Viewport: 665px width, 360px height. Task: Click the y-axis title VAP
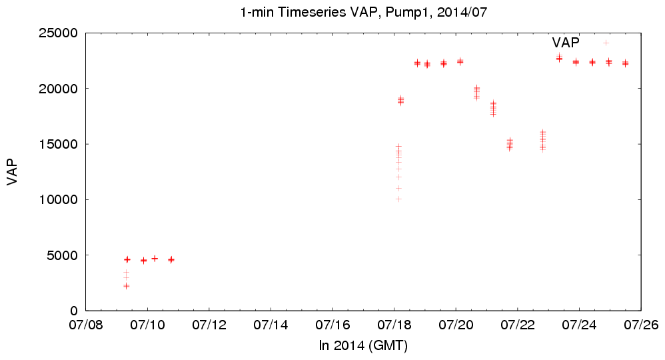pos(12,172)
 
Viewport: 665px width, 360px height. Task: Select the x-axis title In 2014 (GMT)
pos(363,346)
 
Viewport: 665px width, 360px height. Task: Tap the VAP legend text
pos(566,43)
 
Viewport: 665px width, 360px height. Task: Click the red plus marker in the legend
pos(606,43)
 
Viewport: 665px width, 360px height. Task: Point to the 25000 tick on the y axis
pos(60,33)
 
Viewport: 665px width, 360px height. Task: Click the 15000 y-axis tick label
pos(60,144)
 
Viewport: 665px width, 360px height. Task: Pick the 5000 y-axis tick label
pos(63,255)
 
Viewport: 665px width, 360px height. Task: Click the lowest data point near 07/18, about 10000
pos(398,199)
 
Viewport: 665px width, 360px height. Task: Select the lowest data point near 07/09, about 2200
pos(126,286)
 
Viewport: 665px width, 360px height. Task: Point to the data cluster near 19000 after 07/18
pos(401,101)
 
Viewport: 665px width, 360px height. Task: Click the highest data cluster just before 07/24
pos(559,58)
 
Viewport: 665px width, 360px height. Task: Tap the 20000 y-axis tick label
pos(60,89)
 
